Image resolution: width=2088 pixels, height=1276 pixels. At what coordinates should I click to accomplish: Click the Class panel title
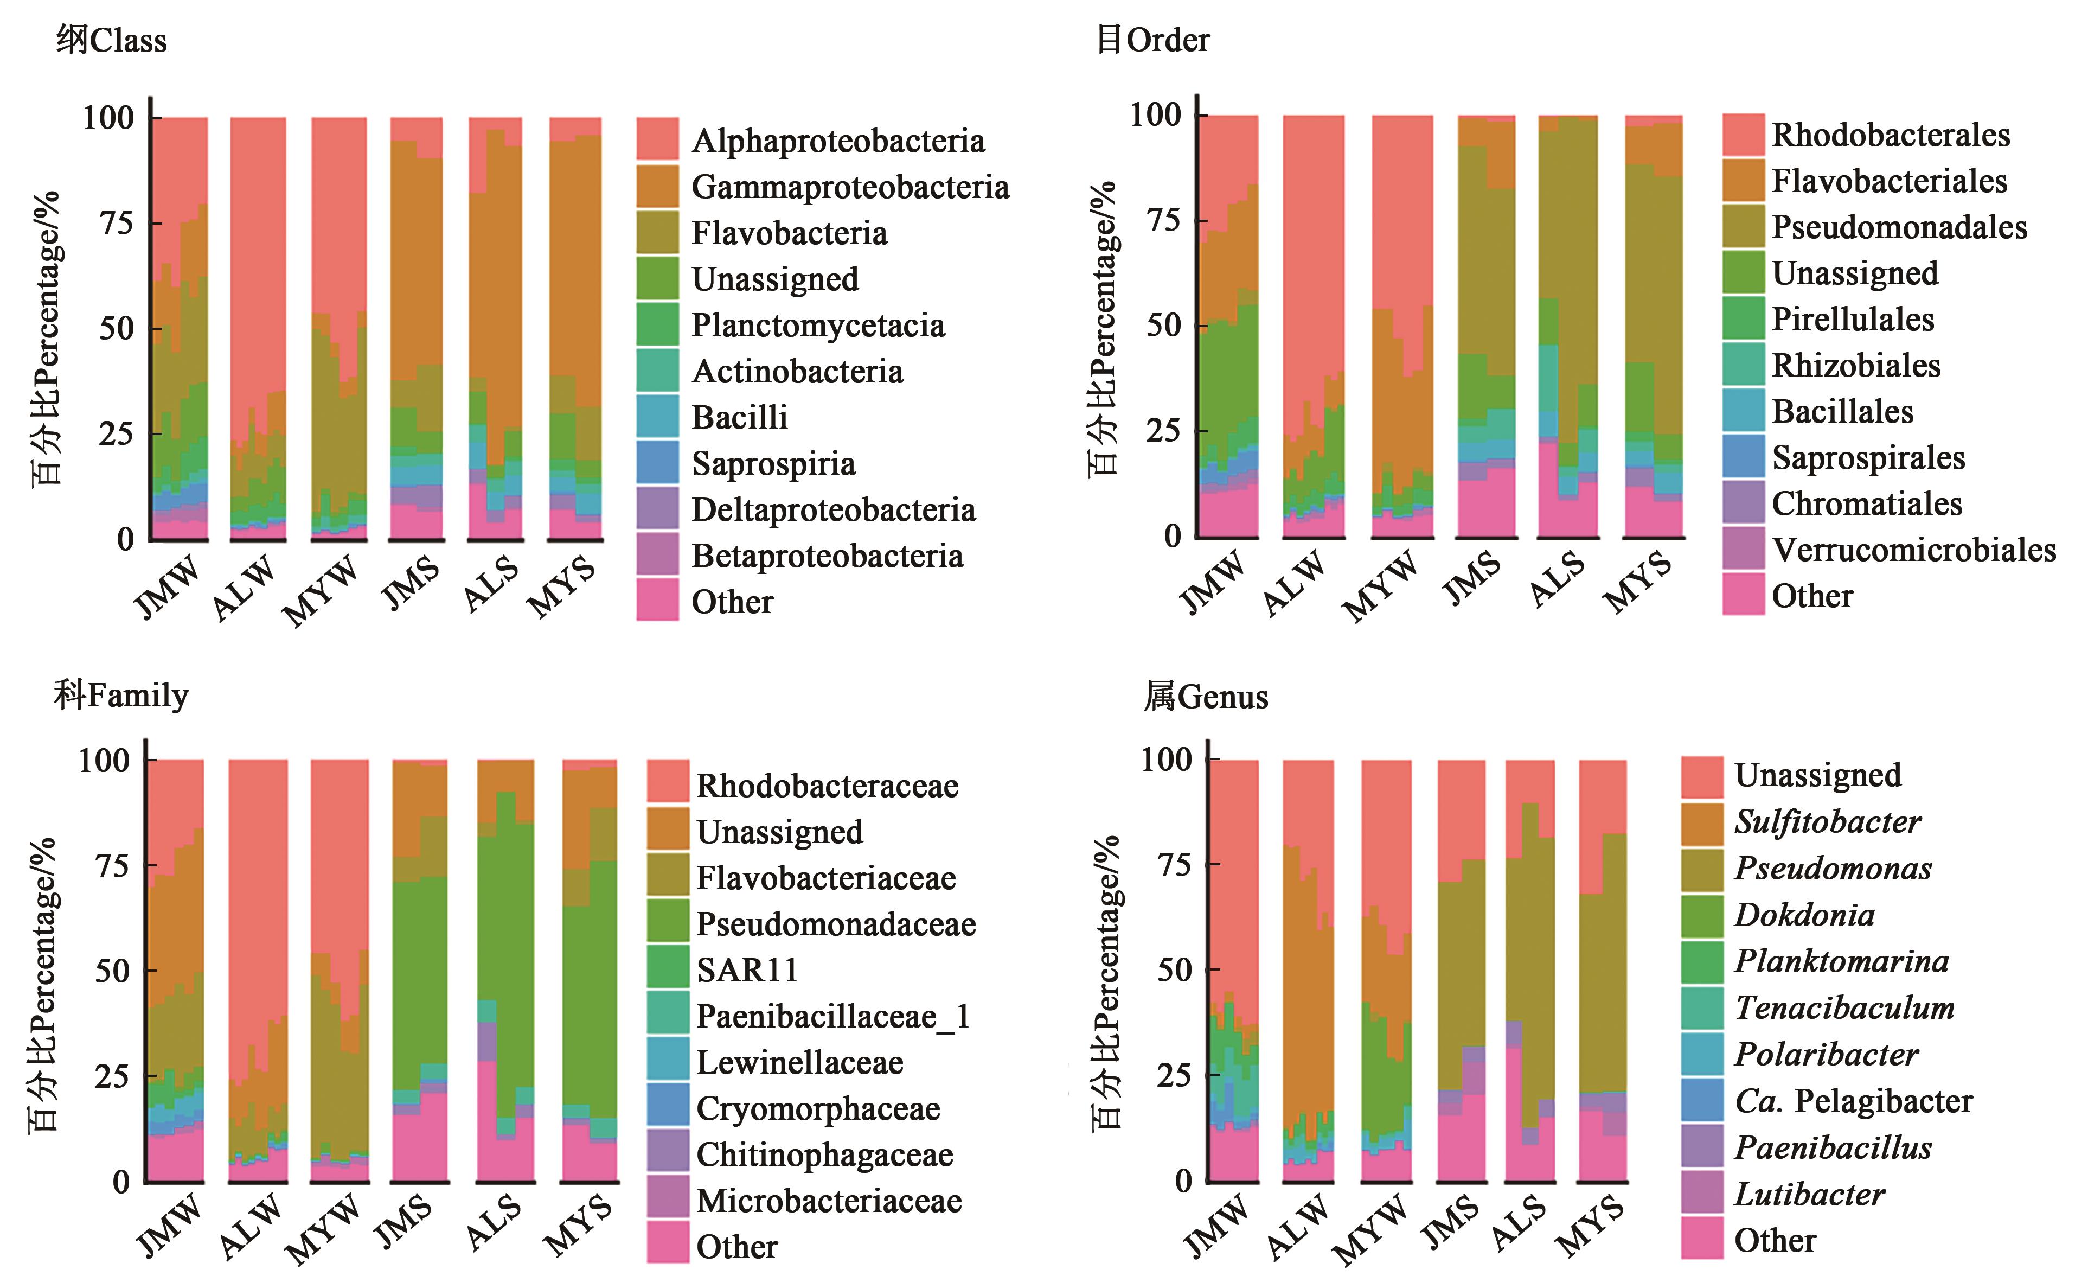(x=111, y=40)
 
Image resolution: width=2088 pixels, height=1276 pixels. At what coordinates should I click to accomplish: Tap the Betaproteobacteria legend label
(x=827, y=556)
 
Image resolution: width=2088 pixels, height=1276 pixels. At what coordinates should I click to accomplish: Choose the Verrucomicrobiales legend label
(x=1913, y=550)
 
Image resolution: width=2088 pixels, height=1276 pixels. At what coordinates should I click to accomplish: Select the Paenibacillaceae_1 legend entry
(x=832, y=1016)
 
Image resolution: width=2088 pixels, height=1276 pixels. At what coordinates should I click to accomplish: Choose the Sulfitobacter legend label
(x=1827, y=821)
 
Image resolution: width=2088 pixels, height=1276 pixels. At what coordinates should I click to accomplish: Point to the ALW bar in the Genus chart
(x=1308, y=970)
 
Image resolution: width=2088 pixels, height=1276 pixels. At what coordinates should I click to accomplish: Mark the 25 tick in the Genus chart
(x=1174, y=1075)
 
